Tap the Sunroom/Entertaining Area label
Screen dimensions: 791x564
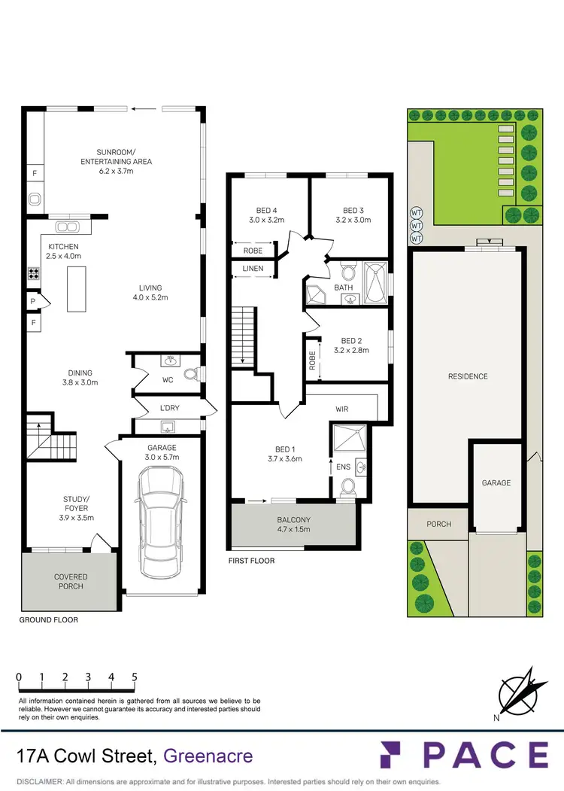point(117,161)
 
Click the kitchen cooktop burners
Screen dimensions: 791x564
point(35,275)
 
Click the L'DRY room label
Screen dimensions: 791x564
point(169,408)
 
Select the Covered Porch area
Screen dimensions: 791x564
point(70,581)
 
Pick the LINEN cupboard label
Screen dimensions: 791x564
point(252,268)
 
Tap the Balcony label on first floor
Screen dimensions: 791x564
point(293,525)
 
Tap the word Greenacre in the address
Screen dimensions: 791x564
point(208,755)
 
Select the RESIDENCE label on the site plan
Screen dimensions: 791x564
point(468,376)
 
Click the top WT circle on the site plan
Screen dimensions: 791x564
point(416,212)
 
